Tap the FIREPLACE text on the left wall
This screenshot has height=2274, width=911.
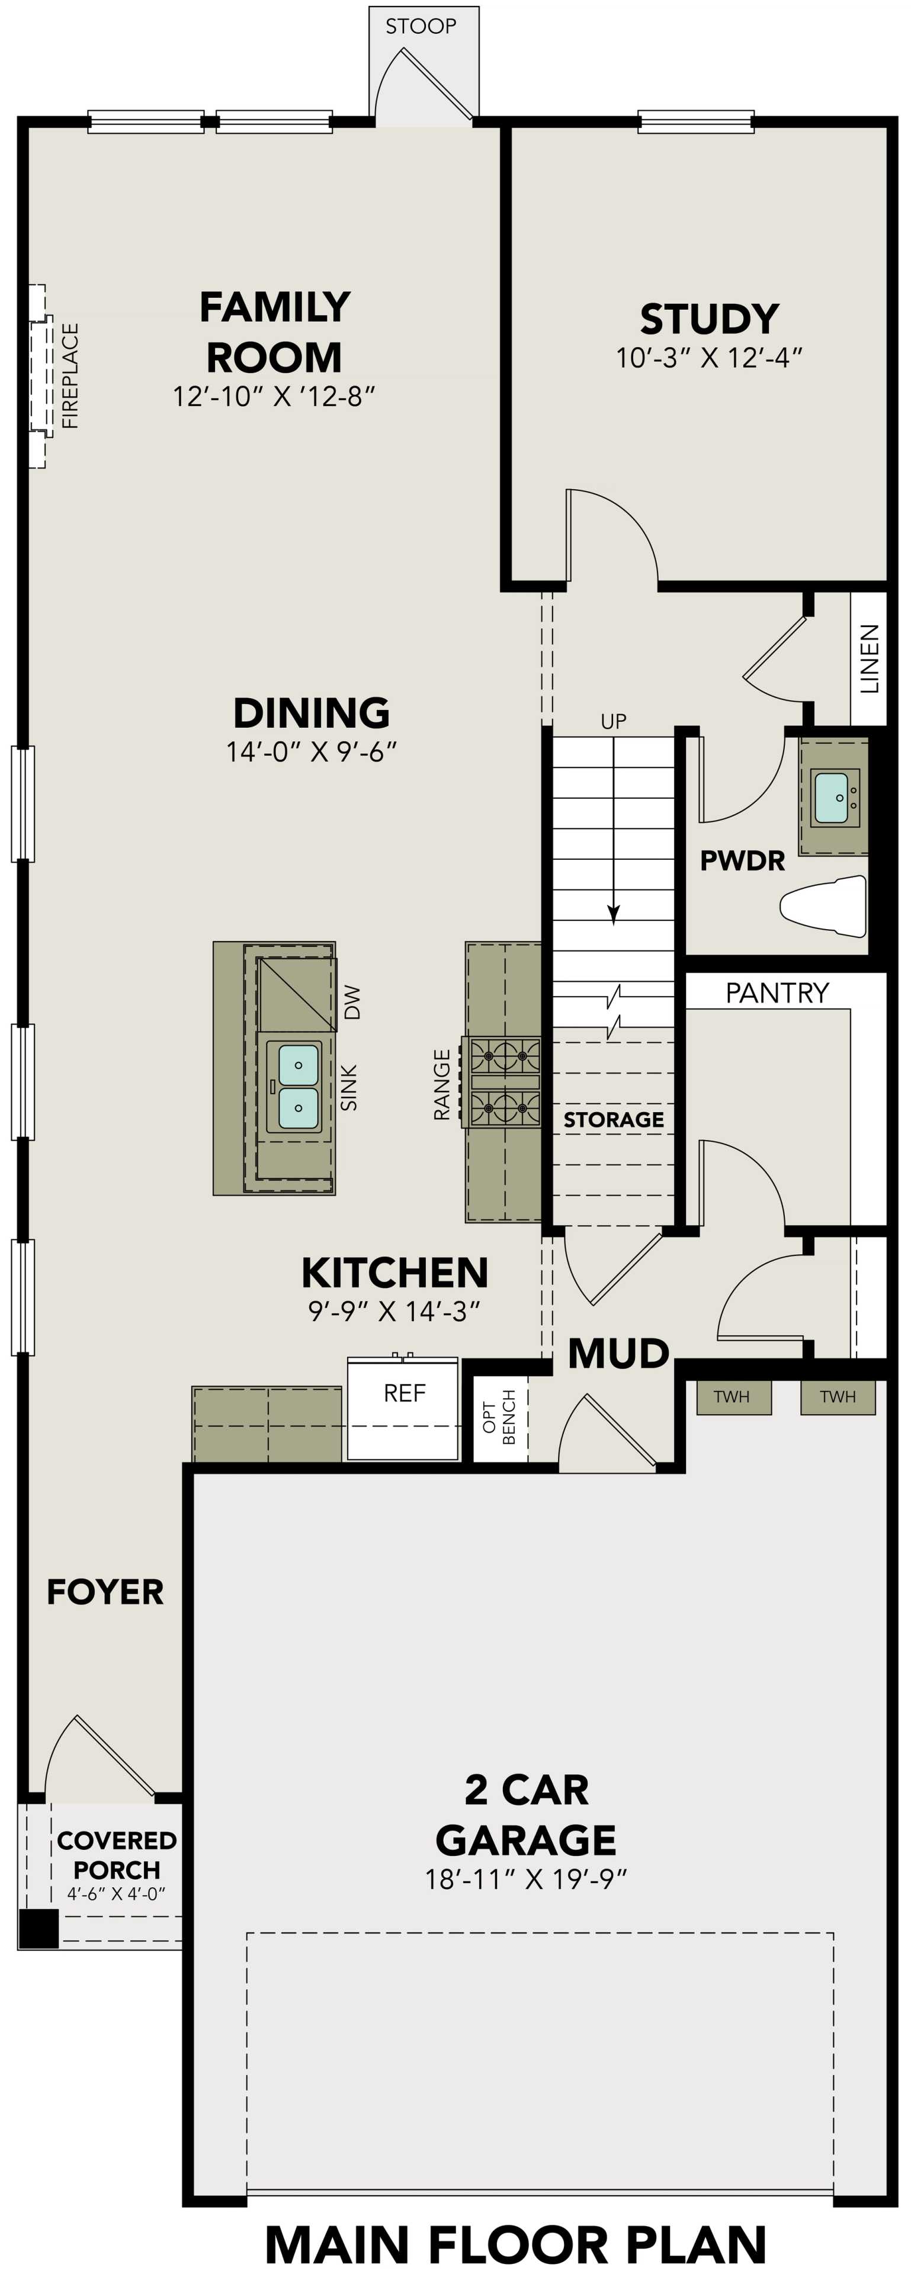tap(70, 375)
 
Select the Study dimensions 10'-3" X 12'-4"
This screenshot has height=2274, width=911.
tap(709, 358)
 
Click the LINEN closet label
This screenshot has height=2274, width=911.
tap(870, 659)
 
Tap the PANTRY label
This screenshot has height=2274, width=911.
tap(777, 993)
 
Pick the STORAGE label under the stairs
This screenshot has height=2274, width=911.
tap(614, 1119)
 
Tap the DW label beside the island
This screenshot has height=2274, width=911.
tap(352, 1003)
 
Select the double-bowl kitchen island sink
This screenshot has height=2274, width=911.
tap(297, 1086)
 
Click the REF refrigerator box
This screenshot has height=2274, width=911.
tap(403, 1408)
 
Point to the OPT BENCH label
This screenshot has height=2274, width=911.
tap(500, 1416)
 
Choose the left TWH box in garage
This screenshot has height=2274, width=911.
tap(732, 1396)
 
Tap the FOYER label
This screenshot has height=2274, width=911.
tap(105, 1592)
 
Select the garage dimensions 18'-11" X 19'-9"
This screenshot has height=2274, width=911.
tap(526, 1880)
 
